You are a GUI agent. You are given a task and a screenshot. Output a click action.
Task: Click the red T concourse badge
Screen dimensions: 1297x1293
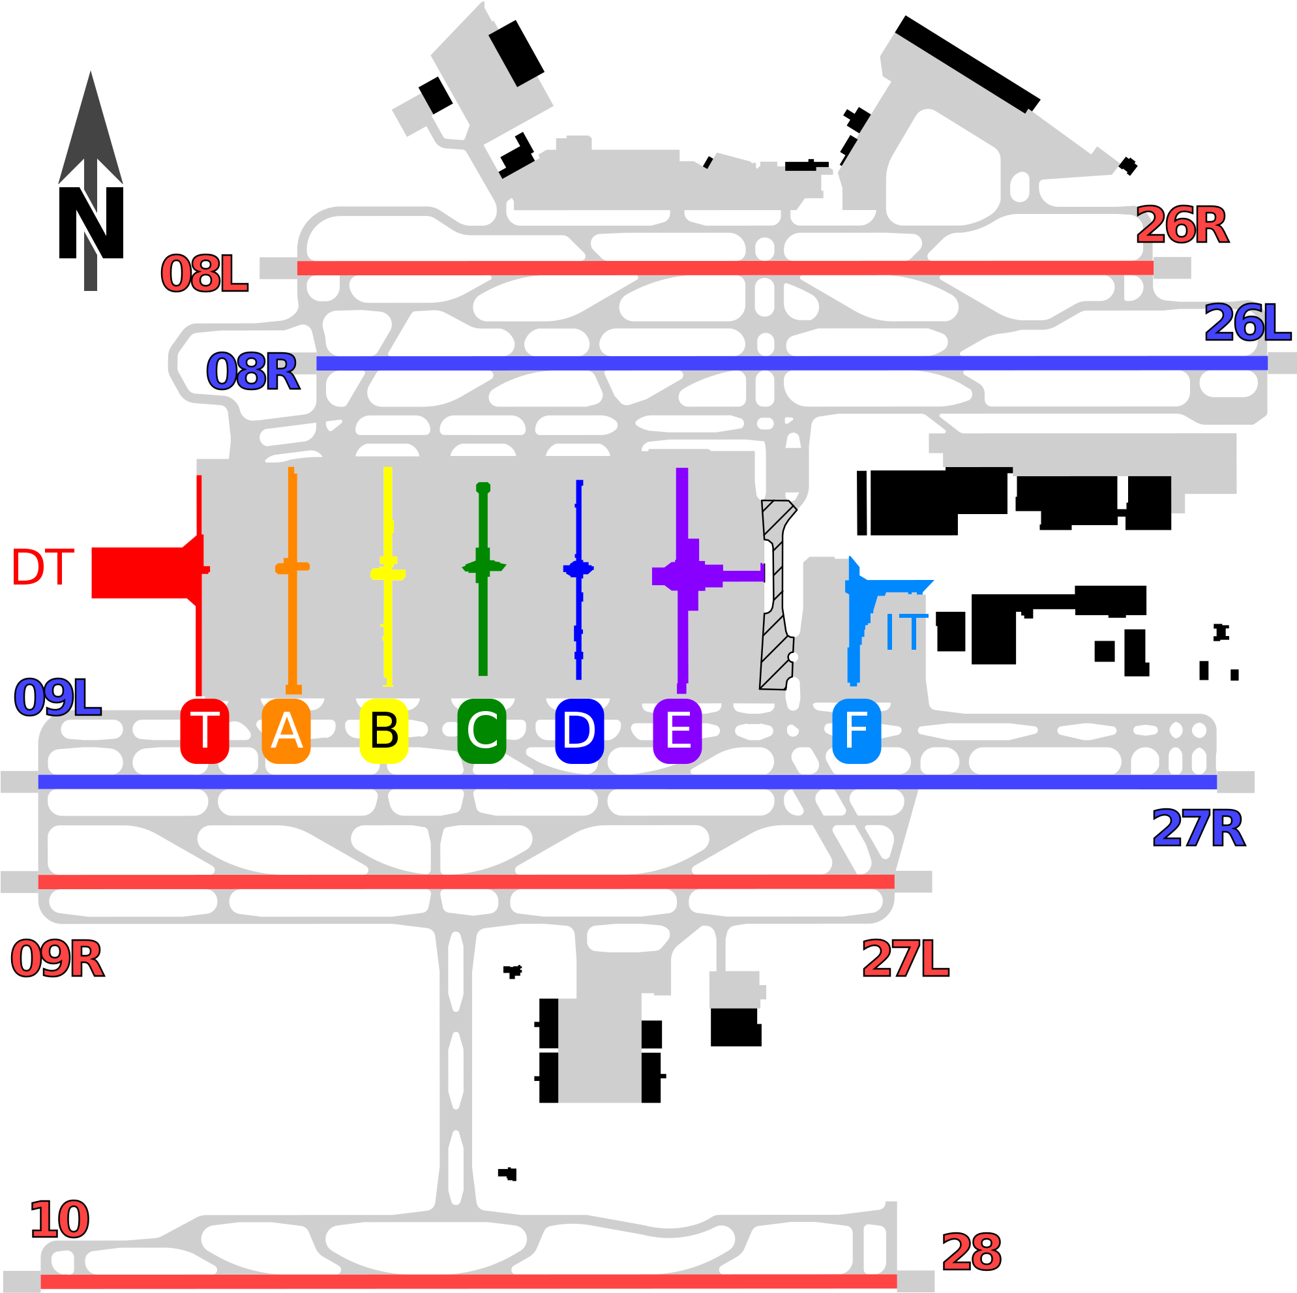[205, 731]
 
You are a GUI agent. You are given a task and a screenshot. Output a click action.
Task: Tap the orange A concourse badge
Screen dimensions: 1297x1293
[286, 731]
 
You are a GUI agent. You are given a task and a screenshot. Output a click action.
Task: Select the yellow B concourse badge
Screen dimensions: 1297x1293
[384, 731]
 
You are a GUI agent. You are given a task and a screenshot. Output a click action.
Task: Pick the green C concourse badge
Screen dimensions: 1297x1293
[482, 731]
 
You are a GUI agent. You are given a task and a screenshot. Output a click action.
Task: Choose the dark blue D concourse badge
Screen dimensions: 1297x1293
[579, 731]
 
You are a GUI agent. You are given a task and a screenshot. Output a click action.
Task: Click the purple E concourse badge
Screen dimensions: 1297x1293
[678, 731]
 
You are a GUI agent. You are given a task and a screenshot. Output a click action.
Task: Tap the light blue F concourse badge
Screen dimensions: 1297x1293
[857, 731]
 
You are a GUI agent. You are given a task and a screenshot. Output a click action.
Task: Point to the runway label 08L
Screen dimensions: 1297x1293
[204, 274]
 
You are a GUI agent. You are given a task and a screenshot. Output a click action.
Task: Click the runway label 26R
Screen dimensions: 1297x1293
[1182, 226]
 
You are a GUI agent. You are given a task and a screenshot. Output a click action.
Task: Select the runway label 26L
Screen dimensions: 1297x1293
[1247, 323]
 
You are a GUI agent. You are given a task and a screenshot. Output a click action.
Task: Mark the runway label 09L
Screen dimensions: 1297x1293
[57, 698]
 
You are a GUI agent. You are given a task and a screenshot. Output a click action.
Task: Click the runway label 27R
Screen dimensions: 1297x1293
[1199, 829]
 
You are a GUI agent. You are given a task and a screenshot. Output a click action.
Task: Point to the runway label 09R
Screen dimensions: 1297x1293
[57, 960]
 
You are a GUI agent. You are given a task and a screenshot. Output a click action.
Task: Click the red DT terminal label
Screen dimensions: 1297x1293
[42, 568]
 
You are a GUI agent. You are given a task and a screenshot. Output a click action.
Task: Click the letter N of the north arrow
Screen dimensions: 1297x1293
[91, 222]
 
